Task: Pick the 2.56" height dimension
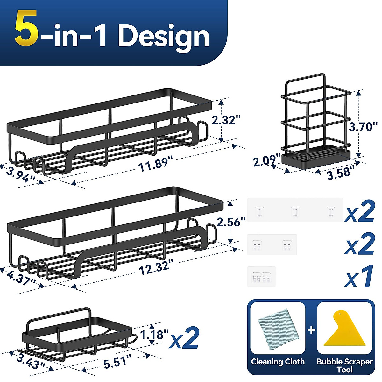(x=231, y=222)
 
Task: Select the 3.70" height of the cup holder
(x=364, y=127)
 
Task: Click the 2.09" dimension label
(x=266, y=160)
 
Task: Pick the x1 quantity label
(x=359, y=277)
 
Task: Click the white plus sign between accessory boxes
(x=311, y=330)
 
